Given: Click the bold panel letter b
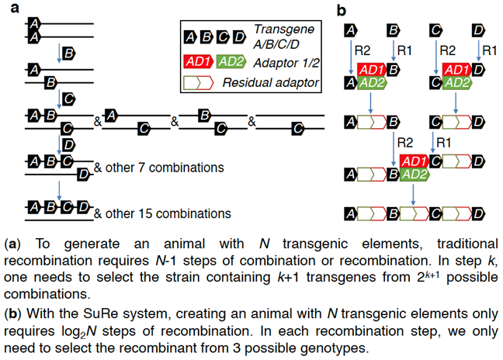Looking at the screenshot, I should coord(341,11).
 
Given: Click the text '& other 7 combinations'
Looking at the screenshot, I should coord(158,167).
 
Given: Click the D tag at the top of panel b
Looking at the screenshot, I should coord(477,29).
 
